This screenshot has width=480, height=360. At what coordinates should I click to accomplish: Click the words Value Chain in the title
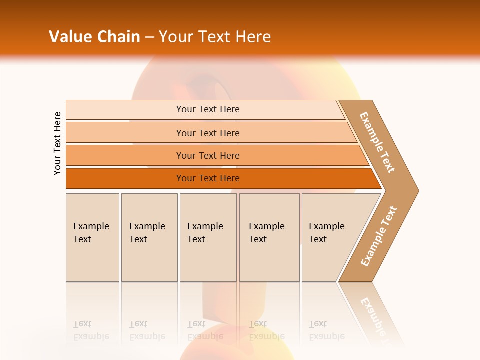tap(94, 37)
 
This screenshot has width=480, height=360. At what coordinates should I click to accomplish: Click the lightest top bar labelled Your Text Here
tap(207, 110)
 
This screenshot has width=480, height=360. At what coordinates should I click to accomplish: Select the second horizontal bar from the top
tap(207, 133)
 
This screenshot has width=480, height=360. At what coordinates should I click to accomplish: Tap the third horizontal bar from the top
tap(207, 156)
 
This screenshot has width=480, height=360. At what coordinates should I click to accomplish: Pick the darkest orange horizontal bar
tap(207, 178)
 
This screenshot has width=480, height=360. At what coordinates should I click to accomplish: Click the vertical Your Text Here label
tap(57, 143)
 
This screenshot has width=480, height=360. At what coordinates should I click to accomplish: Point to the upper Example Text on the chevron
tap(377, 142)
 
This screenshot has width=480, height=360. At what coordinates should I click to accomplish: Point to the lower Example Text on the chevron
tap(378, 236)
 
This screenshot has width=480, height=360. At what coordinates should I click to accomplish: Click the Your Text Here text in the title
tap(214, 37)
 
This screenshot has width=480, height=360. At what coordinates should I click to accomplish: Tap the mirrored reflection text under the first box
tap(91, 330)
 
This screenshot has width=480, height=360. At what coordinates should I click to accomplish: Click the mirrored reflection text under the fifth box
tap(326, 330)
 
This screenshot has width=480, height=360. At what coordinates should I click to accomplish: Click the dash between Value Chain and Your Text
tap(149, 37)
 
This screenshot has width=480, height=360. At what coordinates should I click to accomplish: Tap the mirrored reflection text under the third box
tap(205, 330)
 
